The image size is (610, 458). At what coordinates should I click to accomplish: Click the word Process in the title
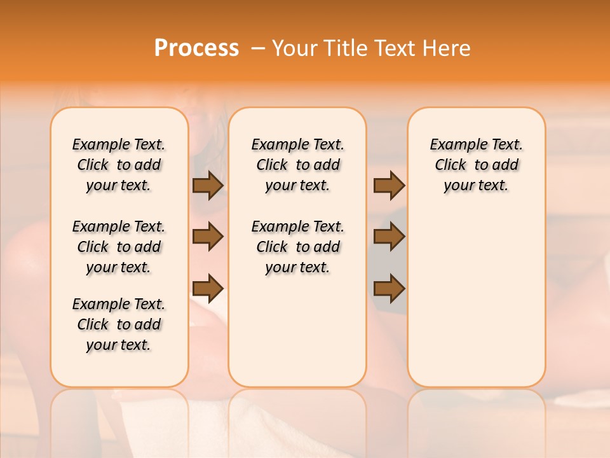(x=196, y=48)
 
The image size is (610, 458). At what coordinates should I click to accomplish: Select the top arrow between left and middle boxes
(x=208, y=186)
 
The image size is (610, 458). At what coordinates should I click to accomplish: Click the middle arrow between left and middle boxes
(x=208, y=237)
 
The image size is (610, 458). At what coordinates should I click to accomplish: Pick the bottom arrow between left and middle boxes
(x=208, y=289)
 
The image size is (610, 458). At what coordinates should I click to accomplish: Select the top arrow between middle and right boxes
(x=389, y=186)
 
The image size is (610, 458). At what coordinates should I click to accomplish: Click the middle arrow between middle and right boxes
(x=389, y=237)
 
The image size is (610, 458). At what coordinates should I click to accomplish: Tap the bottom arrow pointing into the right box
(x=389, y=289)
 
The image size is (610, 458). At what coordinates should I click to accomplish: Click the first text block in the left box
(x=119, y=165)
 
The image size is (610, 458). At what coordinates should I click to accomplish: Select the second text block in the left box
(x=119, y=247)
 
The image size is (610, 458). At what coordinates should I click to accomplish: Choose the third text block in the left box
(x=119, y=324)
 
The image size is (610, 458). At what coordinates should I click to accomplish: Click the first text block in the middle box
(x=298, y=165)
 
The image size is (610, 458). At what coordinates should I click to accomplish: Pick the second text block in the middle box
(x=298, y=247)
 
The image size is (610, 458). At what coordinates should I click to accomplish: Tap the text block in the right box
(x=477, y=165)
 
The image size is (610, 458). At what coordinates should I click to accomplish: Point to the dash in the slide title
(x=257, y=48)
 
